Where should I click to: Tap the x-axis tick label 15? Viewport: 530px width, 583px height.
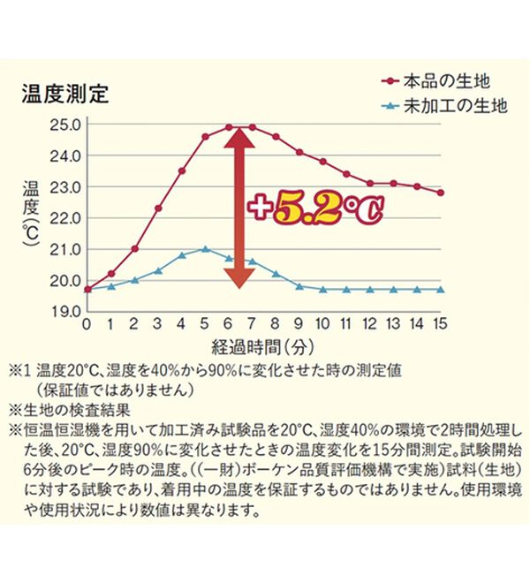pos(440,324)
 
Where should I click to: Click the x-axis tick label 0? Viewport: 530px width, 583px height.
pos(87,324)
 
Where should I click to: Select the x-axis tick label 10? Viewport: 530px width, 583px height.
pos(322,324)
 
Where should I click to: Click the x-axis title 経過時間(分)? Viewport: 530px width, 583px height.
pos(262,344)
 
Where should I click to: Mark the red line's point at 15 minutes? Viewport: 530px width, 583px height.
pos(440,193)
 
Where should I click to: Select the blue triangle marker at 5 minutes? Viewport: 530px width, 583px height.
pos(205,249)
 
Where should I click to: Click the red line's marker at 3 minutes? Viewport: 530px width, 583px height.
pos(158,208)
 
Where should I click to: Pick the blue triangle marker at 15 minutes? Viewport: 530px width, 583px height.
pos(440,289)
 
